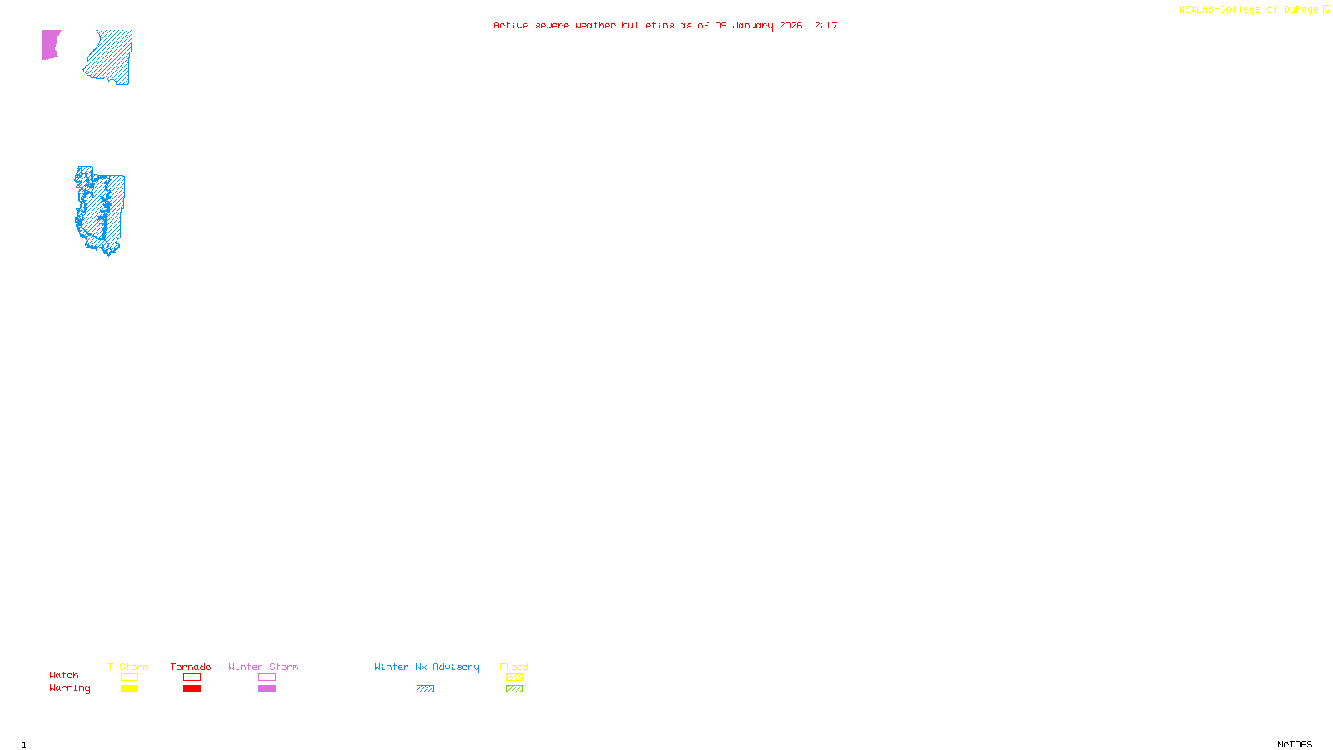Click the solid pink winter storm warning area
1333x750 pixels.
(50, 44)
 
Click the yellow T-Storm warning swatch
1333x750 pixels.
(129, 689)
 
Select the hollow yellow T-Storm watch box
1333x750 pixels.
(129, 677)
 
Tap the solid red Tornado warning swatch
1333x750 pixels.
(192, 689)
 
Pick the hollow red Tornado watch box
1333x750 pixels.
(192, 677)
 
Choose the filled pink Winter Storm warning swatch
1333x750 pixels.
(267, 689)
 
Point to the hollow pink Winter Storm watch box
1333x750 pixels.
(267, 677)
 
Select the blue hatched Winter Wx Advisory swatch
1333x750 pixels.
(425, 689)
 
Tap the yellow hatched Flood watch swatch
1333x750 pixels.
(514, 677)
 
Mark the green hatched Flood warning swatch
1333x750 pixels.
(514, 689)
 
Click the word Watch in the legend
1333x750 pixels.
(64, 676)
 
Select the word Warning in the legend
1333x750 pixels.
(69, 688)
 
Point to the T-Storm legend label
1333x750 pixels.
(128, 667)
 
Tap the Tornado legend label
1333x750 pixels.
(191, 667)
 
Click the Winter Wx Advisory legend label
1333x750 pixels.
(427, 667)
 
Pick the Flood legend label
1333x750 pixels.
(514, 667)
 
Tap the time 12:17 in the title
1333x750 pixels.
(823, 25)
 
